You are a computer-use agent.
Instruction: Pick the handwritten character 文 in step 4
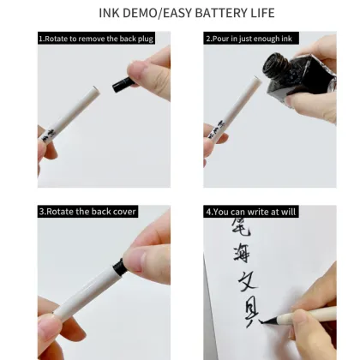247,285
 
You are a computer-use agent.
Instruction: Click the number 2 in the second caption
208,39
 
